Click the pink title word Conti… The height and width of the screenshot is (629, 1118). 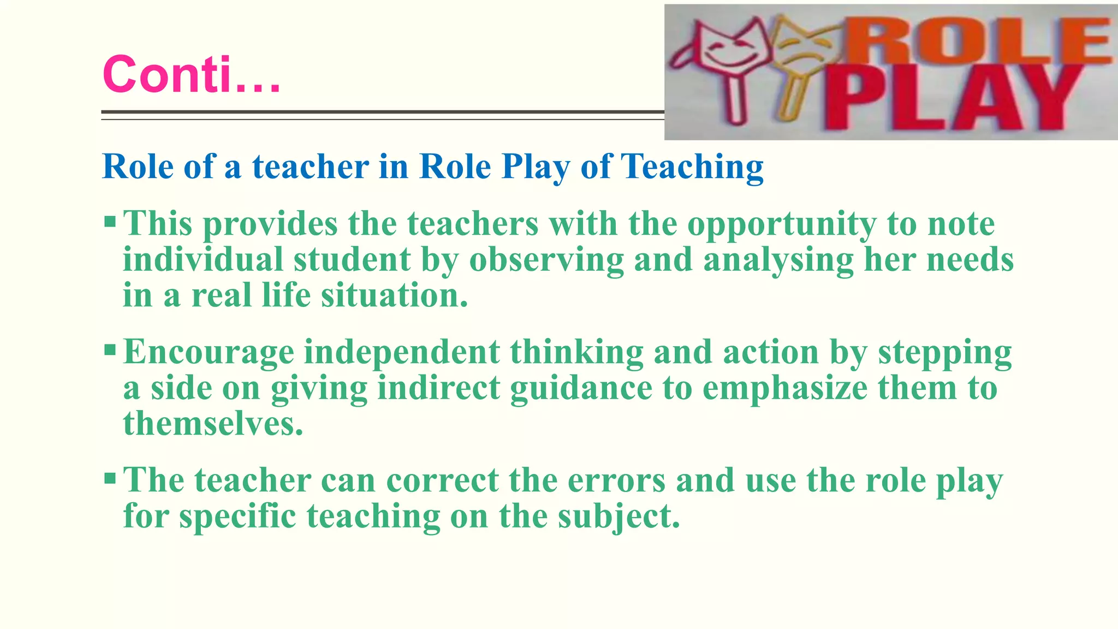[x=191, y=74]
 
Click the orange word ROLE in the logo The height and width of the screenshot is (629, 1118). [x=983, y=41]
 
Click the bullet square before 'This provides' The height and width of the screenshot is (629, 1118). [x=110, y=222]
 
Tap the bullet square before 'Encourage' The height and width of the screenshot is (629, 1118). [x=110, y=349]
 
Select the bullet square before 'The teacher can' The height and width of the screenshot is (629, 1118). [x=110, y=478]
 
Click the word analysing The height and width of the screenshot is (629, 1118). [x=778, y=260]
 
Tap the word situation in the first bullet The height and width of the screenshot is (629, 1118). [x=394, y=295]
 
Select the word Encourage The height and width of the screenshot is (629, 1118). [x=209, y=353]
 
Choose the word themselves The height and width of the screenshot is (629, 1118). [x=213, y=424]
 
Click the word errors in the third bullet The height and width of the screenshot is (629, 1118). [x=616, y=480]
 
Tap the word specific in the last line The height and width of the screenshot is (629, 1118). [x=237, y=517]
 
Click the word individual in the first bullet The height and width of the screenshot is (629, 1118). [x=203, y=259]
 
